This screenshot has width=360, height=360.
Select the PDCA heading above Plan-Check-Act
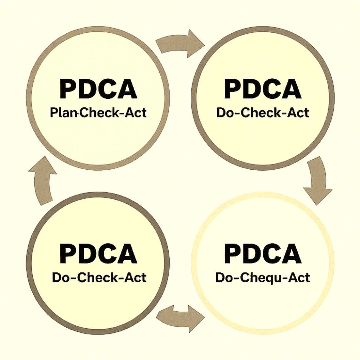(x=98, y=89)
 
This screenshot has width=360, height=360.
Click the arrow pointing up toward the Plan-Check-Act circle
(x=43, y=182)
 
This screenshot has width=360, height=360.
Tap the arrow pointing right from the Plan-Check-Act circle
(x=180, y=43)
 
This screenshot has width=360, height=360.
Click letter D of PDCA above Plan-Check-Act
(x=87, y=89)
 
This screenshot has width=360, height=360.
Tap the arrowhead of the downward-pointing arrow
(x=317, y=195)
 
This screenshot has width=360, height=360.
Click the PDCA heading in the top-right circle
(x=263, y=89)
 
